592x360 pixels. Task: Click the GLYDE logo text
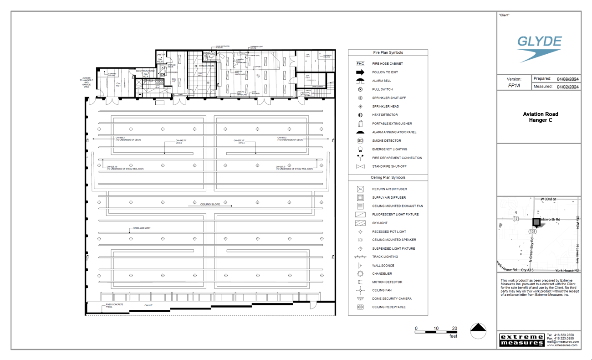tap(540, 42)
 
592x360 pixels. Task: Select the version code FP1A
tap(514, 86)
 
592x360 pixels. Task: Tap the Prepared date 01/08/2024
tap(567, 79)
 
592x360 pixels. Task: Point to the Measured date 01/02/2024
tap(567, 87)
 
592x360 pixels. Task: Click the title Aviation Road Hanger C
tap(540, 117)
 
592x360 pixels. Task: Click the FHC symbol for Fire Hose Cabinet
tap(360, 64)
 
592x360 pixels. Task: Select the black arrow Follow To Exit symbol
tap(360, 72)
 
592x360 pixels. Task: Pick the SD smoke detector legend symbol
tap(360, 141)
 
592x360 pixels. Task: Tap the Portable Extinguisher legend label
tap(392, 123)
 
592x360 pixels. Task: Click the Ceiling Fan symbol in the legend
tap(360, 290)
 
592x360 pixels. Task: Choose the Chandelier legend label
tap(382, 274)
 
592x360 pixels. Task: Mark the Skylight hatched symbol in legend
tap(360, 223)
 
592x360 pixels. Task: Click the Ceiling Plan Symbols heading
tap(388, 178)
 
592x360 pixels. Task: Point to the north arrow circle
tap(478, 331)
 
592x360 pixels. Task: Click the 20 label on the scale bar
tap(454, 329)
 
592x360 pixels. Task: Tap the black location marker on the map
tap(536, 222)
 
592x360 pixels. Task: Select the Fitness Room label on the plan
tap(206, 66)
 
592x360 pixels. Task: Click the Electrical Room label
tap(145, 71)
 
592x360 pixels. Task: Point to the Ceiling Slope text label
tap(210, 204)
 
